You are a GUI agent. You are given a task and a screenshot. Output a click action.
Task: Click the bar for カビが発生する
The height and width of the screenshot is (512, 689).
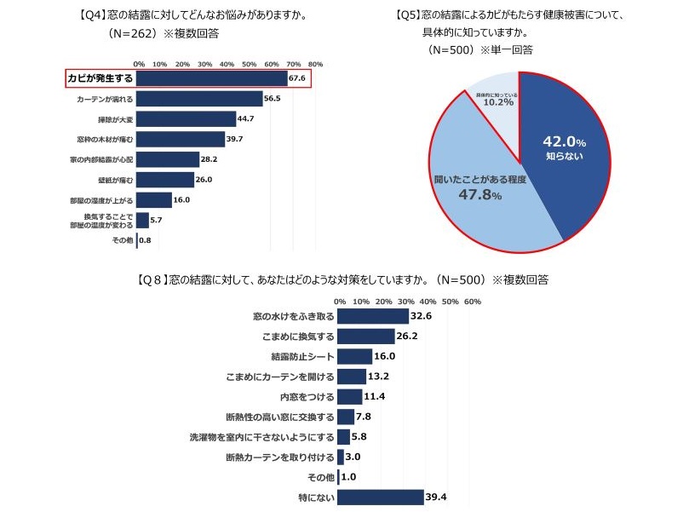coord(211,79)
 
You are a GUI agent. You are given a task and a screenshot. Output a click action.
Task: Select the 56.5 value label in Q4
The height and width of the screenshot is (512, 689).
coord(273,99)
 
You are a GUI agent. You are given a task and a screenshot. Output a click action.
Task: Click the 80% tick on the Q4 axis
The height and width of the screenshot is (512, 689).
coord(315,64)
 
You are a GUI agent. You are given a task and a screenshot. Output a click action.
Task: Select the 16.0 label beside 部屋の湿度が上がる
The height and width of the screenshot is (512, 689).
coord(181,199)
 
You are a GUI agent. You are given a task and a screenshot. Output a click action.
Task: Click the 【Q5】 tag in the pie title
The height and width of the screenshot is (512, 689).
coord(409,16)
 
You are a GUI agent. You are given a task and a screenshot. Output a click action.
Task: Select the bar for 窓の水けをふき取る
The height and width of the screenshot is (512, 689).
coord(373,316)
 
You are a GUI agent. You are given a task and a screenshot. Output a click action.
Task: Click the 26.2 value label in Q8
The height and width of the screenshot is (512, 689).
coord(407,336)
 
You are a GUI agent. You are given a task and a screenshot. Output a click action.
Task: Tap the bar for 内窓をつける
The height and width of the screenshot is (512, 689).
coord(350,396)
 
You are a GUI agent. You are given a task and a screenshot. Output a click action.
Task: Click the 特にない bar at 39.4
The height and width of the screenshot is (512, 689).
coord(381,497)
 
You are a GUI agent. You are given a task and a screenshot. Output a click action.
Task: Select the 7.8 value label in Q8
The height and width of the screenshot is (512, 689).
coord(364,417)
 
